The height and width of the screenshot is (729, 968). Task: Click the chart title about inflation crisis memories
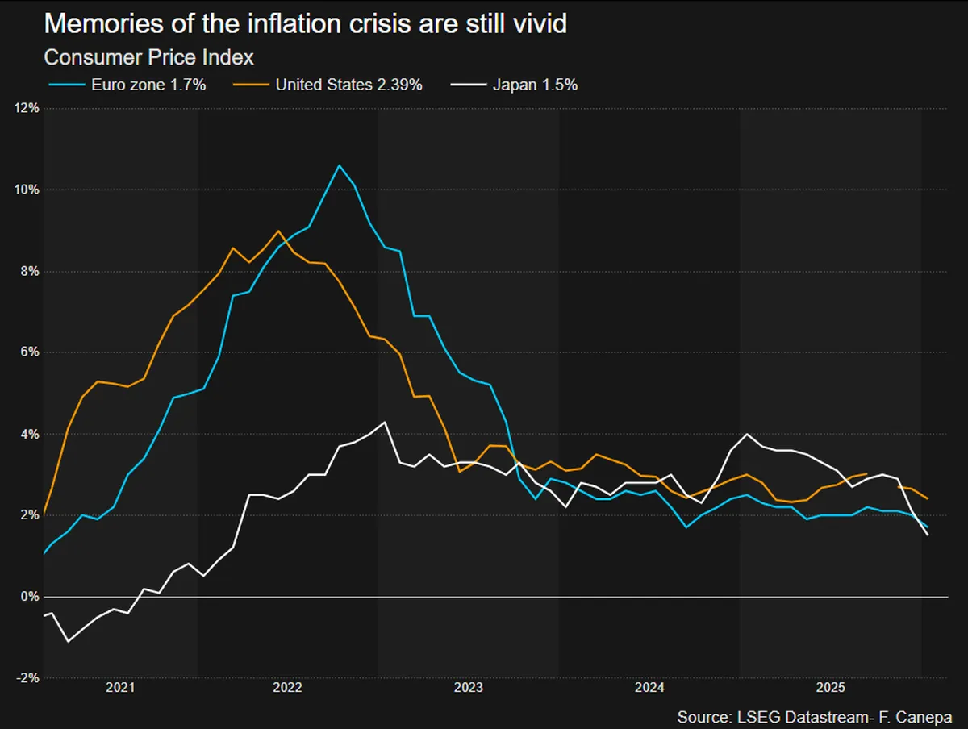(x=305, y=23)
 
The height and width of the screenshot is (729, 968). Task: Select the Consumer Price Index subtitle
(x=148, y=57)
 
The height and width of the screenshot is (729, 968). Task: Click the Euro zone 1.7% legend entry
(x=127, y=85)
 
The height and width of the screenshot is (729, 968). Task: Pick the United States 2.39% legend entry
(x=328, y=85)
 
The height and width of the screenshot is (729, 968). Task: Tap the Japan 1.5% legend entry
(x=514, y=85)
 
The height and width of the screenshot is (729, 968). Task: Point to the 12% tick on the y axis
(x=27, y=108)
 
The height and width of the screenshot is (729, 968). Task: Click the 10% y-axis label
(x=27, y=190)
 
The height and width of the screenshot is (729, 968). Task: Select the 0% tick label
(x=30, y=596)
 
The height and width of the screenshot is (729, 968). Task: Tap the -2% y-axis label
(x=27, y=678)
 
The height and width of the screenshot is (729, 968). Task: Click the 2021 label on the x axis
(x=120, y=687)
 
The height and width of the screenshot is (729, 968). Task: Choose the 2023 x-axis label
(x=469, y=687)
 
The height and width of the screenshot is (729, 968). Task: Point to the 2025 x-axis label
(x=830, y=687)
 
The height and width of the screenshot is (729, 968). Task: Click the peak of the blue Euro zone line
(x=339, y=165)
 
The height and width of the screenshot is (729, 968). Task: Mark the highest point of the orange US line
(x=277, y=231)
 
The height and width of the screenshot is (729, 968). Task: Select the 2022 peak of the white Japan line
(x=385, y=423)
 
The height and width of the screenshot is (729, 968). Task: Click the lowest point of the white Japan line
(x=68, y=641)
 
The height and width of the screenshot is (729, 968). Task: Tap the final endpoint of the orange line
(x=928, y=499)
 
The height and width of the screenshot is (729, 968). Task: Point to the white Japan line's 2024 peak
(x=747, y=434)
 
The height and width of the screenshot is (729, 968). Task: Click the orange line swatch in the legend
(x=251, y=85)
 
